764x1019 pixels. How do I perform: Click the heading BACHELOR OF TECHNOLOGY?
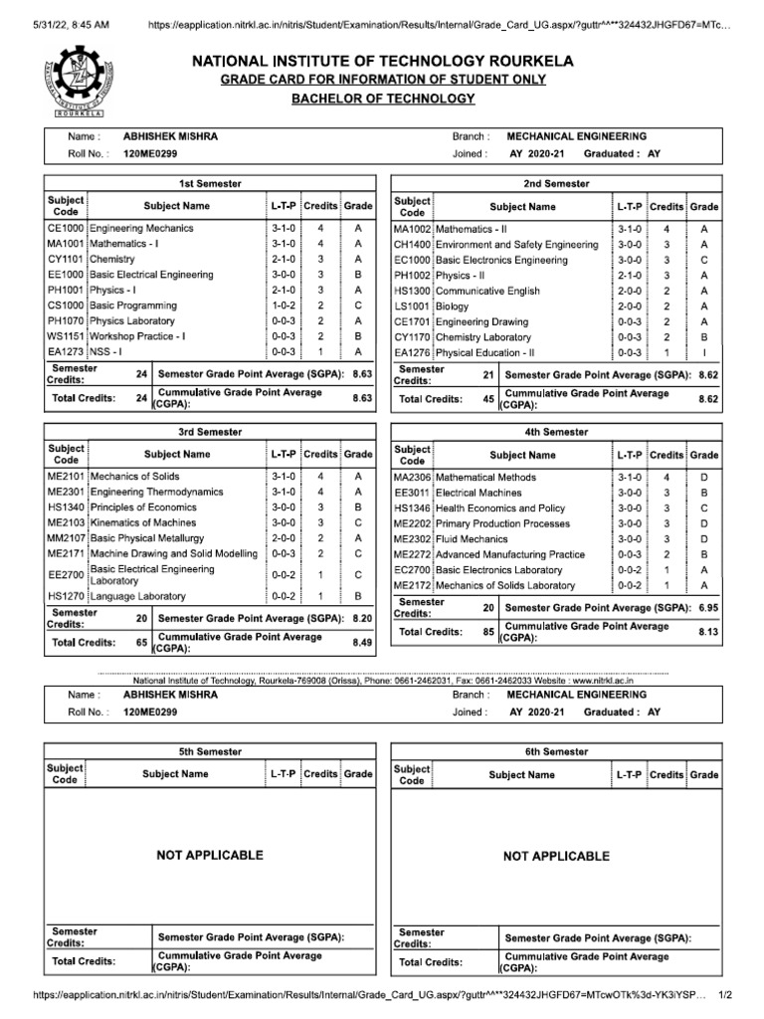[x=383, y=99]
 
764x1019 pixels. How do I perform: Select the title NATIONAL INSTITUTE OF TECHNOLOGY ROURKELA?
[x=382, y=62]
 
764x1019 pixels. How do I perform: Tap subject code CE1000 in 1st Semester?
[x=66, y=228]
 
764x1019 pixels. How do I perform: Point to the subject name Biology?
[x=452, y=306]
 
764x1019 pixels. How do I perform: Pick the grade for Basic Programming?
[x=357, y=306]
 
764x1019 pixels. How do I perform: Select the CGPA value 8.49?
[x=361, y=643]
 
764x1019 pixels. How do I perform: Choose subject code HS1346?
[x=412, y=509]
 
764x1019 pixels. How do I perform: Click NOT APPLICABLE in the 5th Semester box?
[x=210, y=855]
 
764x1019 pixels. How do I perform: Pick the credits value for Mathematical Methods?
[x=667, y=478]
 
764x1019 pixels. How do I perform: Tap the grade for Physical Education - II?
[x=703, y=352]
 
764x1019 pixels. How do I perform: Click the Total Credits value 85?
[x=487, y=631]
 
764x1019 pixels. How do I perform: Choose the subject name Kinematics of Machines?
[x=143, y=522]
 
